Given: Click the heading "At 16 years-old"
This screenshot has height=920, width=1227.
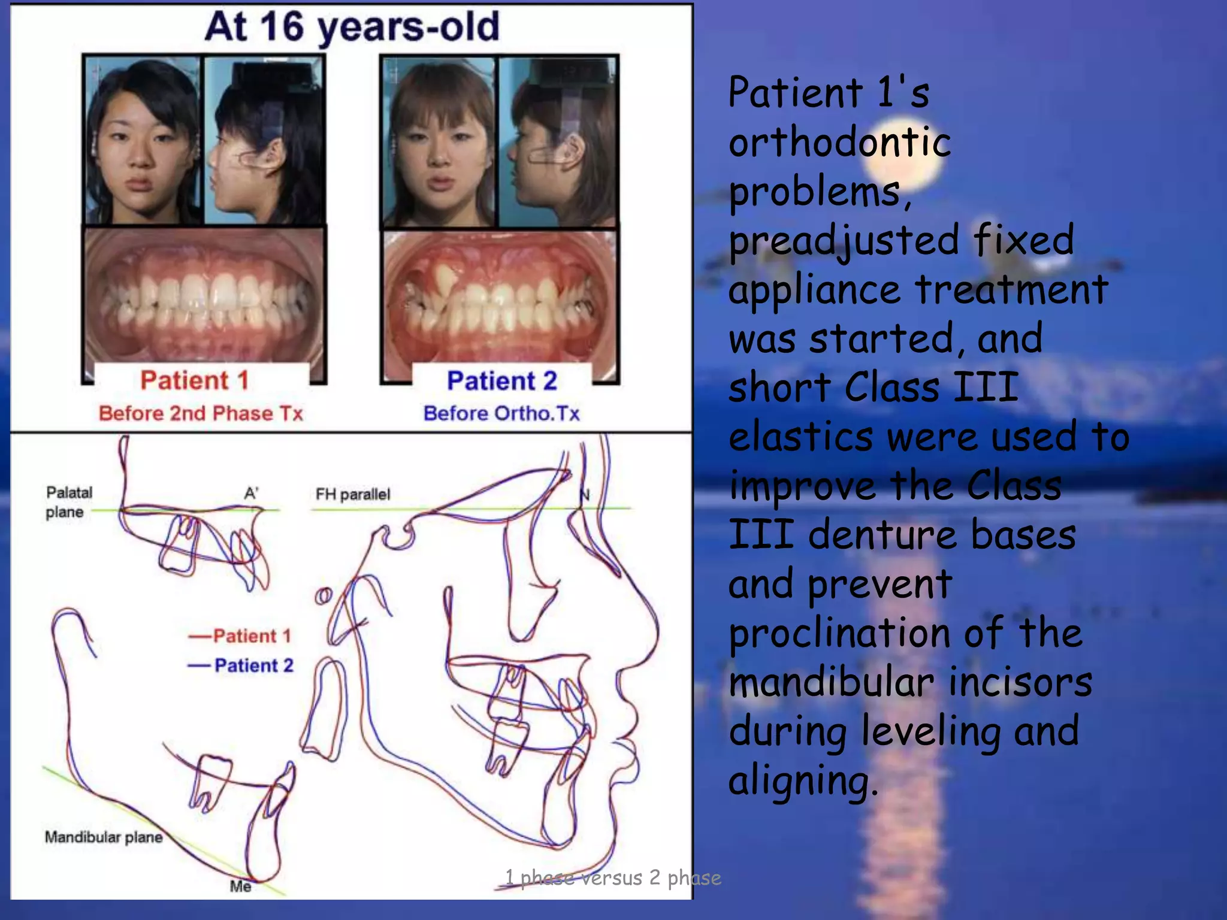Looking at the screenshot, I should coord(352,28).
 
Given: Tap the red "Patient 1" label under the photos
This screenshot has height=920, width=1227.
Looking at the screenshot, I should coord(194,381).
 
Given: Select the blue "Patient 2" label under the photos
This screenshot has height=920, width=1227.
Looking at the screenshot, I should coord(502,382).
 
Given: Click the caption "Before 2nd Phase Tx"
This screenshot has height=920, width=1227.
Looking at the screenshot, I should coord(201,413).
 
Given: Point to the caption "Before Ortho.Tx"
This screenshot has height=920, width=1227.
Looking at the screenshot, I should coord(501,413).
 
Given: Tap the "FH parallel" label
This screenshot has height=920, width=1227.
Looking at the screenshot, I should coord(353,494).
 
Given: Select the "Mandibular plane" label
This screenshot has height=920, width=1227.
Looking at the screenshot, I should coord(104,837).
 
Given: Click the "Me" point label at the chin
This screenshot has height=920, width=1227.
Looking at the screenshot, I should coord(240,886).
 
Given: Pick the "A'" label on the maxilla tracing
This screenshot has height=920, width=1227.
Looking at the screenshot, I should coord(252,493).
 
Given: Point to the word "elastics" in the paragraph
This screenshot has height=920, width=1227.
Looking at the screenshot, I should coord(801,437).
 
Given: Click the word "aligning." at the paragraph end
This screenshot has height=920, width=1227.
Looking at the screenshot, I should coord(803,780).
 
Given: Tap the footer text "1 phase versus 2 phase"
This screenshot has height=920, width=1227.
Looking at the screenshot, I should coord(613,878).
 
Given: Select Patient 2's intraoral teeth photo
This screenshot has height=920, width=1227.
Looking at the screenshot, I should coord(500,296).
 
